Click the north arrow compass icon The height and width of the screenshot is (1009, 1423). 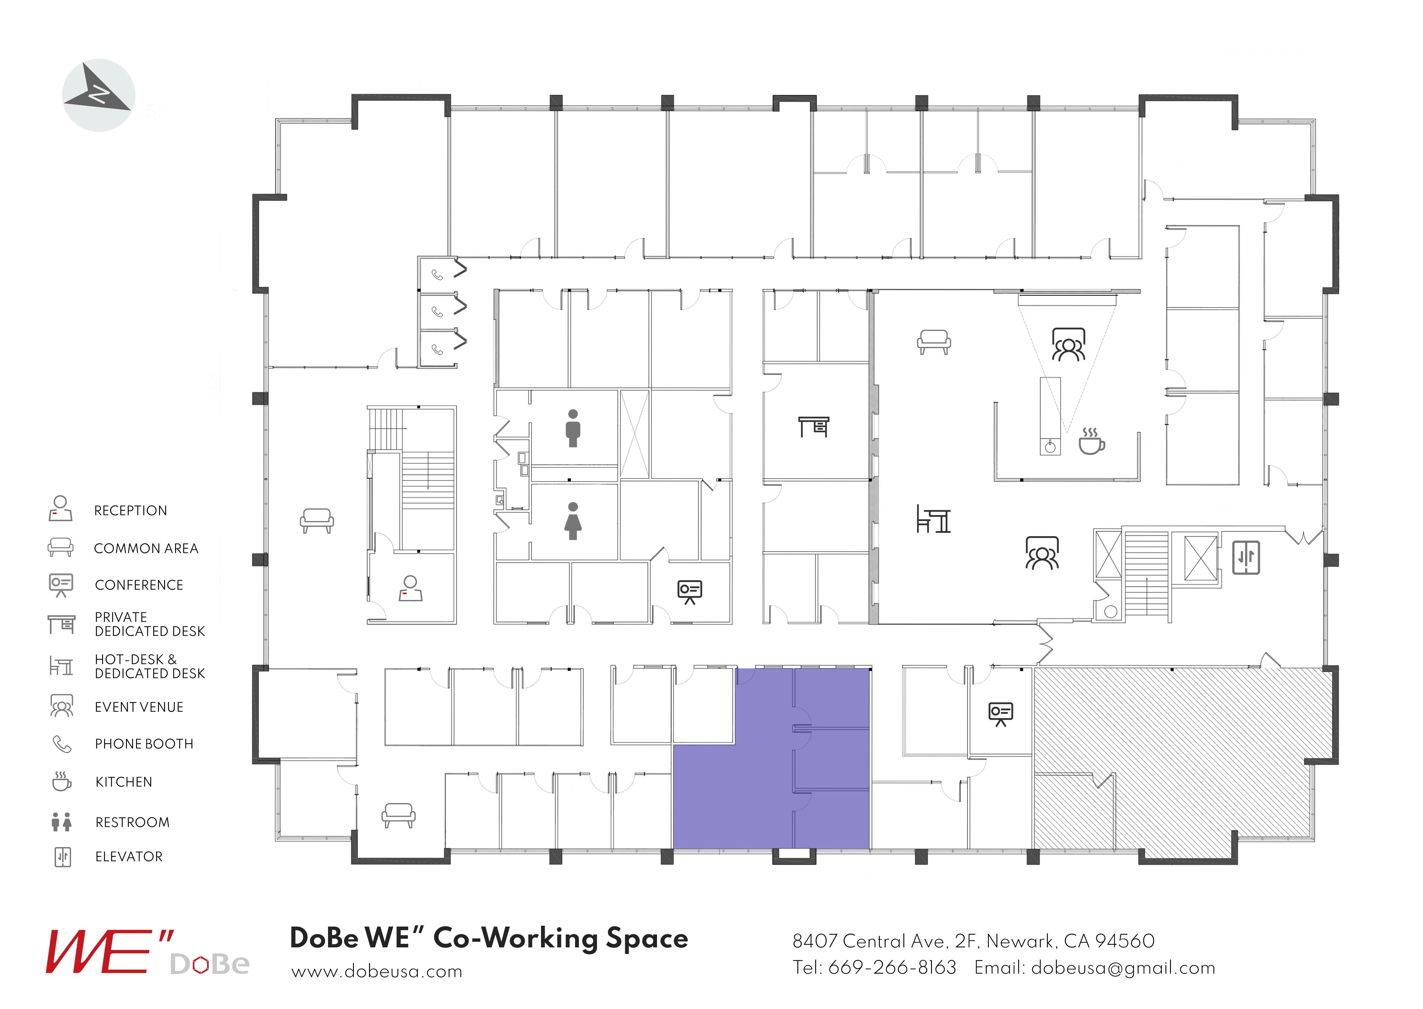pos(99,95)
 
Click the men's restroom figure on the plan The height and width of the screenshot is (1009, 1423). pos(573,428)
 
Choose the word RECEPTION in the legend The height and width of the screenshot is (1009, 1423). pos(131,511)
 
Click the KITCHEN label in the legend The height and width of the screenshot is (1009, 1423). pos(124,782)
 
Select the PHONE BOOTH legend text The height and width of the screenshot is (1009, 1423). pos(144,744)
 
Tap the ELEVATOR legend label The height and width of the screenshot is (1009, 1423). pos(129,856)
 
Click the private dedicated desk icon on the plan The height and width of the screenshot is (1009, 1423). pos(813,427)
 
